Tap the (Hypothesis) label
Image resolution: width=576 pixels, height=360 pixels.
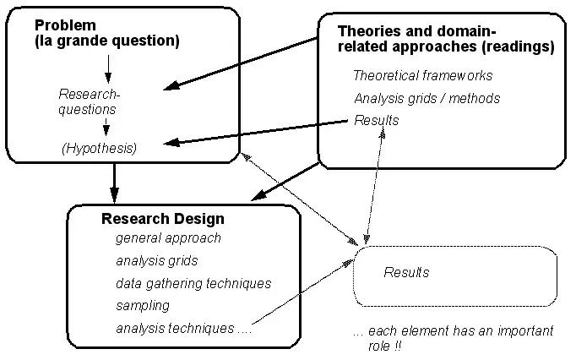pos(99,148)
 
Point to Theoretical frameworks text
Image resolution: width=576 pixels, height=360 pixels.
pos(422,75)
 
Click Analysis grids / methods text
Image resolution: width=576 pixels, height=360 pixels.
pos(427,98)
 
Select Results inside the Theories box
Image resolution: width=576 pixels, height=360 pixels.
pos(377,120)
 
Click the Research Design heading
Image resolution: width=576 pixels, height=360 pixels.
pos(163,219)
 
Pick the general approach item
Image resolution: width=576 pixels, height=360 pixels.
pos(168,237)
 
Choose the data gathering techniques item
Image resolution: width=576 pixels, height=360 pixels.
pos(193,283)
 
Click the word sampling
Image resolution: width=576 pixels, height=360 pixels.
pos(142,305)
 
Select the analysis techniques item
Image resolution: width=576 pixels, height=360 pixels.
pos(184,328)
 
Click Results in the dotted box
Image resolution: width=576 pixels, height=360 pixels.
pos(406,272)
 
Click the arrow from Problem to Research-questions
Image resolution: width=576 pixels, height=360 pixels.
pos(107,67)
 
